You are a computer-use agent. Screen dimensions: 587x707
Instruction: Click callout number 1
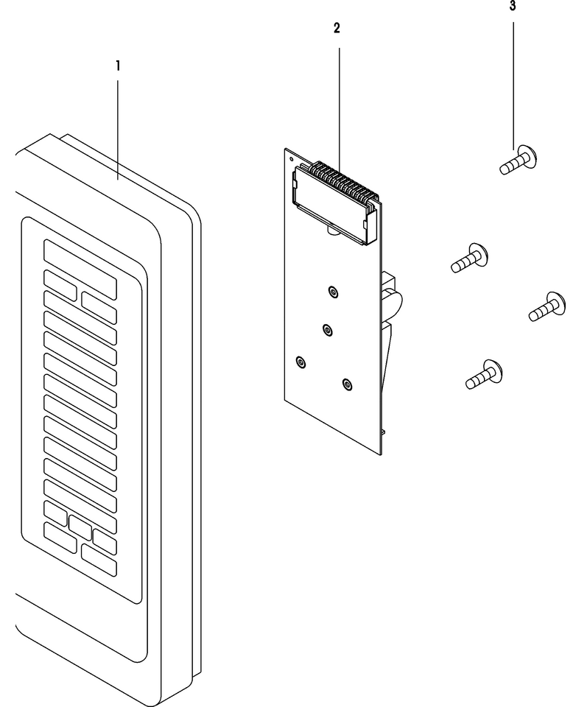click(118, 66)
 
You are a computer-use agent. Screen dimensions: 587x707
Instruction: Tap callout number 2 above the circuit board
click(337, 29)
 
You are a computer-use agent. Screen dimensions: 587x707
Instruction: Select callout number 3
click(513, 7)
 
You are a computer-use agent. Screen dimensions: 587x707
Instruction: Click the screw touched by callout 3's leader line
click(519, 161)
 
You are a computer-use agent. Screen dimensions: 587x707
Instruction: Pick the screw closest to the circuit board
click(469, 258)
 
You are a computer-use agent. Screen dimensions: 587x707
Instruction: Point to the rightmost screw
click(547, 307)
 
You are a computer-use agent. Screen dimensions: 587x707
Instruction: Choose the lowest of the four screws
click(484, 374)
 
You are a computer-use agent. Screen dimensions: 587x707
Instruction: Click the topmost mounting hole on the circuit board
click(332, 292)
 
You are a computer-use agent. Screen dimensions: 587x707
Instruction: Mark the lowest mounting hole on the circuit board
click(347, 384)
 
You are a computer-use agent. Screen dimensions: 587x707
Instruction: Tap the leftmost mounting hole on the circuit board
click(300, 362)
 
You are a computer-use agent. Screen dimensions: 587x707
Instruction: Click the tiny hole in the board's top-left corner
click(291, 158)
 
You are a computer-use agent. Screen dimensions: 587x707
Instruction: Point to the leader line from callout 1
click(118, 130)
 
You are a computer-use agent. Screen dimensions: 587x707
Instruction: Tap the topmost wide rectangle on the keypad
click(80, 270)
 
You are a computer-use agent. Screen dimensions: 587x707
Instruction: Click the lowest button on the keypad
click(99, 560)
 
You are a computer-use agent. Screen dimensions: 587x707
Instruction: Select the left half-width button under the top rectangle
click(60, 285)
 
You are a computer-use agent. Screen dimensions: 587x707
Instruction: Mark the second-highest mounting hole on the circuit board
click(328, 330)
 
